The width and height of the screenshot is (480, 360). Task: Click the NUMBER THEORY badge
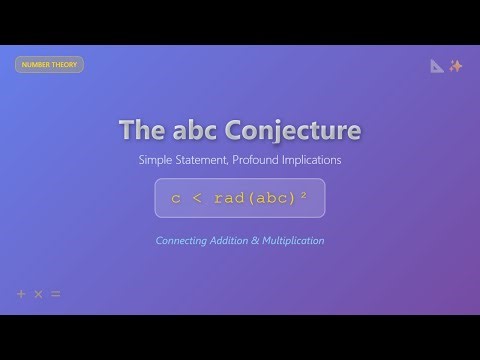[x=49, y=64]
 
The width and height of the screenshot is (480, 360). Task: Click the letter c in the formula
[x=176, y=198]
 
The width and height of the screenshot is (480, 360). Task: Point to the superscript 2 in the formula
[x=303, y=196]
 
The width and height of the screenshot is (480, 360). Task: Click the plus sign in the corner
[x=21, y=294]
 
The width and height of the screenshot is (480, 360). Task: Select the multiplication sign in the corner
[x=38, y=294]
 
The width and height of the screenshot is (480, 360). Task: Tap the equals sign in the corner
[x=56, y=294]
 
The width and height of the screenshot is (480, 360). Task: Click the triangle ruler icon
[x=437, y=66]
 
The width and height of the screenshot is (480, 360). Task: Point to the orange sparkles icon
[x=456, y=66]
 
